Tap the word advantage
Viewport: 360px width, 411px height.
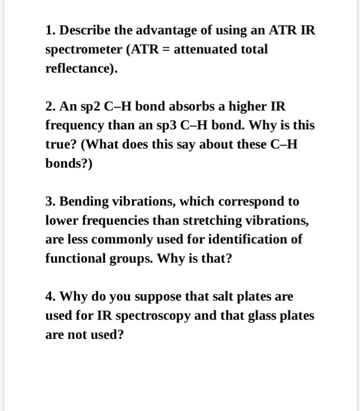(x=165, y=30)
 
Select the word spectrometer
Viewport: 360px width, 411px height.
(x=82, y=49)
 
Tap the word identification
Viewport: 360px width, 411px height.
(x=247, y=240)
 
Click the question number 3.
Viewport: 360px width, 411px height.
(x=49, y=202)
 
